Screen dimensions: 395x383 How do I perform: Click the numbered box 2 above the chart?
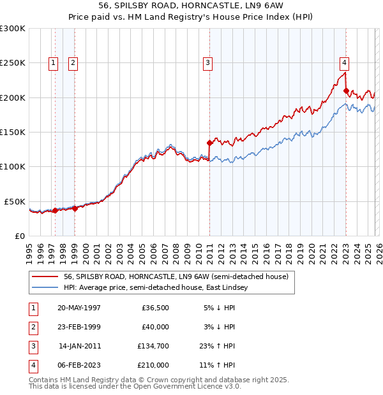tap(73, 62)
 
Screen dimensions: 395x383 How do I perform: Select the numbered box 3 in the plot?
tap(208, 62)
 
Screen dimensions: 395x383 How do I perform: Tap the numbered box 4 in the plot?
tap(344, 62)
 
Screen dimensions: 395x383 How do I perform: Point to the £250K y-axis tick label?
tap(12, 63)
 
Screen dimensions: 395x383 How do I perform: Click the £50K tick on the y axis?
tap(15, 201)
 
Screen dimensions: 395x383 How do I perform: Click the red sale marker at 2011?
tap(209, 143)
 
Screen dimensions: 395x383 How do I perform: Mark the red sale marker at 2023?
tap(345, 90)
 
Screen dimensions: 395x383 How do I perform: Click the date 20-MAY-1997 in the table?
tap(79, 308)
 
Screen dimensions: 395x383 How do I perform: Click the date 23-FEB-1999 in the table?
tap(79, 327)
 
